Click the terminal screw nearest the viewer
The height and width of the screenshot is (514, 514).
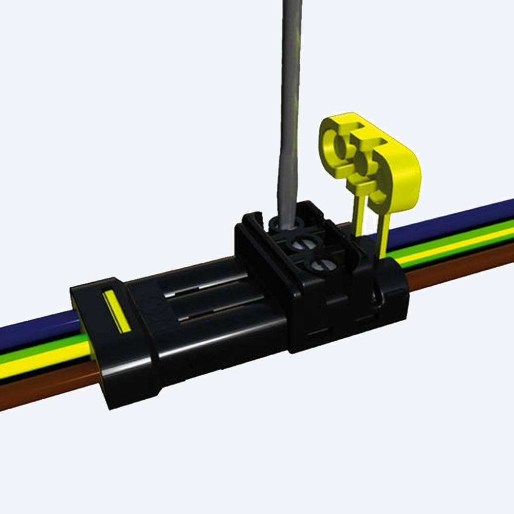tap(319, 266)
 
